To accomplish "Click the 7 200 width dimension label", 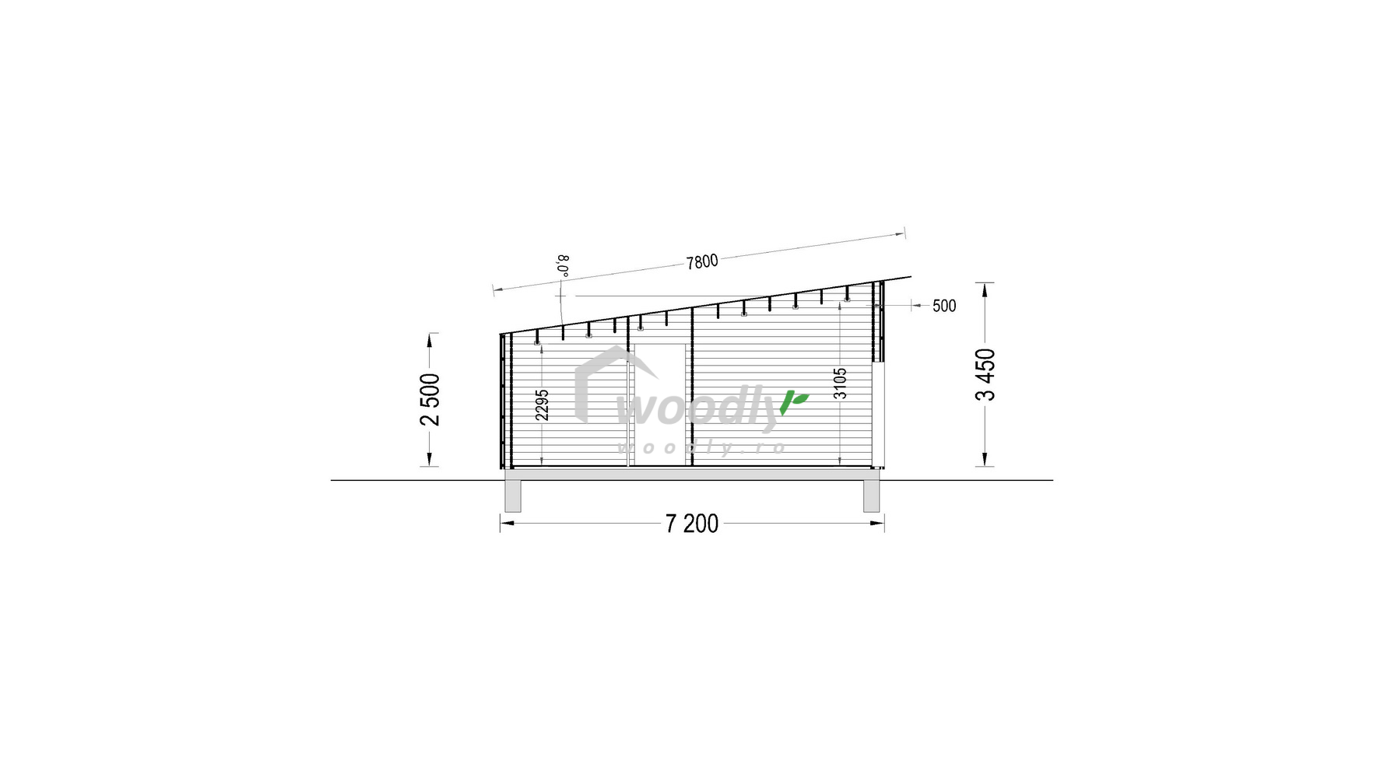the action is [692, 524].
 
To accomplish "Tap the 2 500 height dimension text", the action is [430, 400].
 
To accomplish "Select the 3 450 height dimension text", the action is [985, 374].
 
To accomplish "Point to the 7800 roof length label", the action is [701, 262].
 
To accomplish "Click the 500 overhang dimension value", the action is [944, 306].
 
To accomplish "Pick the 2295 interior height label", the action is [543, 405].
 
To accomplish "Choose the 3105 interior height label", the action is [840, 384].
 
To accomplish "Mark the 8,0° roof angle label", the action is [564, 265].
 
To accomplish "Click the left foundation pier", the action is [512, 496].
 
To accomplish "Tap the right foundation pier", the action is [871, 496].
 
